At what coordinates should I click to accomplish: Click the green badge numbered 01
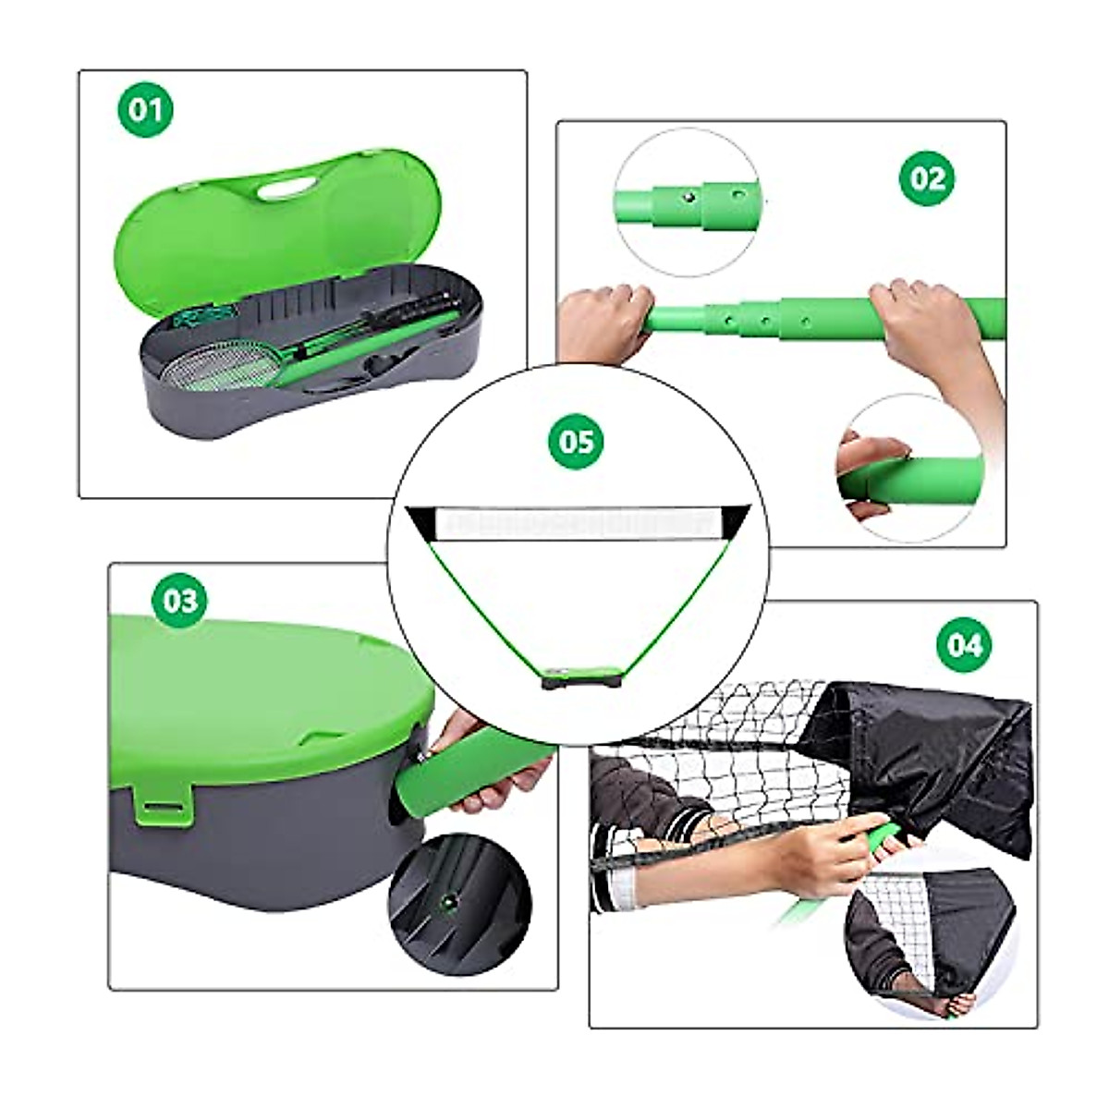[146, 110]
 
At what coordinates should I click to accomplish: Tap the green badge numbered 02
[927, 177]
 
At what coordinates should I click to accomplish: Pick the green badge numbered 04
[964, 643]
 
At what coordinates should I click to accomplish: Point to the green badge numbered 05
[577, 441]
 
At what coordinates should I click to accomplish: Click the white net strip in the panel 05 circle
[578, 523]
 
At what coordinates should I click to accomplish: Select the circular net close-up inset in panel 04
[929, 938]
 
